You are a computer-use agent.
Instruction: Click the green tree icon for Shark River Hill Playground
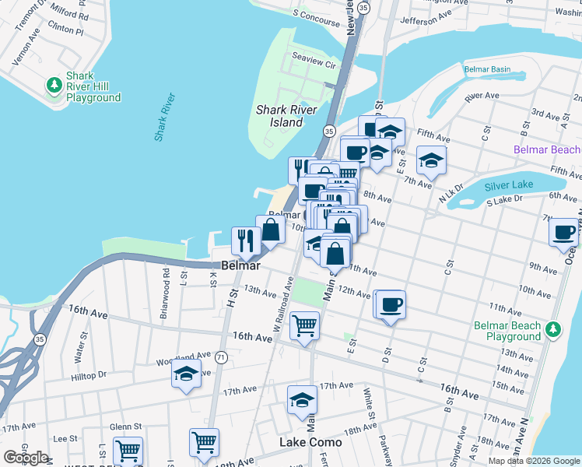point(54,84)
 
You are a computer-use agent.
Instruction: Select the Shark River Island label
point(287,116)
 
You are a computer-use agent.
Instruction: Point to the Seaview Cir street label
point(313,58)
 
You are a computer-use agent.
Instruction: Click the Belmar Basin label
point(487,69)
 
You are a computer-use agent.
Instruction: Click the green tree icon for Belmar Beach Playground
point(553,329)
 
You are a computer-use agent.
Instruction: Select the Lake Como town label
point(310,442)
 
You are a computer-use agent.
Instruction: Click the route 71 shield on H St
point(222,357)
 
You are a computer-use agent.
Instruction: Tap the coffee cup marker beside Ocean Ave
point(563,232)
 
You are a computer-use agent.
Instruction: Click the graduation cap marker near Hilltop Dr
point(187,374)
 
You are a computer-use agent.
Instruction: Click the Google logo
point(26,458)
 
